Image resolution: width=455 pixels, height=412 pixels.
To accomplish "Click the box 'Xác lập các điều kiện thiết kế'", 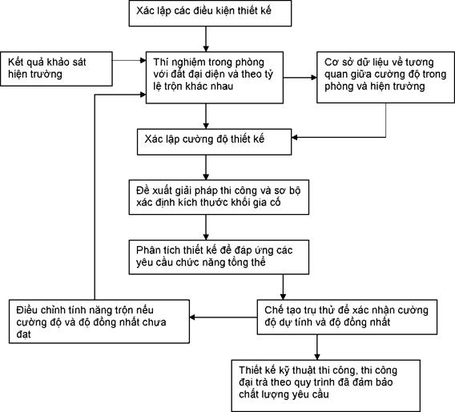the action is pos(210,14).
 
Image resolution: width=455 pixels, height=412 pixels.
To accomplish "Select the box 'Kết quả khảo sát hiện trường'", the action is pos(56,69).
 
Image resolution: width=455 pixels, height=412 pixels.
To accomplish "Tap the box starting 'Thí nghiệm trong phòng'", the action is pos(215,78).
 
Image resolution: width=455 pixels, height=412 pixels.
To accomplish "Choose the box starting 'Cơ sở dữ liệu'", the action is pos(385,77).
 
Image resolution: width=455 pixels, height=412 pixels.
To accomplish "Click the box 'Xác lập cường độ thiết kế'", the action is pos(214,142).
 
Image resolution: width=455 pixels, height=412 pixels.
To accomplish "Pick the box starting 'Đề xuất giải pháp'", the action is pos(219,197).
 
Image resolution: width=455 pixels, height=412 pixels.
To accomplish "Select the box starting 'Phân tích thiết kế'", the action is pos(219,257).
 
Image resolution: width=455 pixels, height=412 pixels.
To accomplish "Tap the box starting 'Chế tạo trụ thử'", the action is pos(347,317).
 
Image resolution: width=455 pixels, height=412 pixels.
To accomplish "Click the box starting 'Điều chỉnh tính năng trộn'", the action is pos(99,321).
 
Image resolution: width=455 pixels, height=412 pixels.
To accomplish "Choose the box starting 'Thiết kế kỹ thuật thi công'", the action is pos(325,386).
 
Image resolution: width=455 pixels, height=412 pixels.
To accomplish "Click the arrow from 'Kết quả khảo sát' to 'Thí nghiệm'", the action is pos(129,60).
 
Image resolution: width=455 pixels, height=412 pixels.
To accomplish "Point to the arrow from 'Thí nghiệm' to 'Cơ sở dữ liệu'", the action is pos(300,78).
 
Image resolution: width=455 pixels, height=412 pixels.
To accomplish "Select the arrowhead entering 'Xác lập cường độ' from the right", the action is pos(294,137).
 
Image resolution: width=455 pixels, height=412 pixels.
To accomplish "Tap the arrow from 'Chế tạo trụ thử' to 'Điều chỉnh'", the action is pos(223,317).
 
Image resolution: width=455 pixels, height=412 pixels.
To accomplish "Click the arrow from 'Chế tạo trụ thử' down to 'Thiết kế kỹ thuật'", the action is pos(317,347).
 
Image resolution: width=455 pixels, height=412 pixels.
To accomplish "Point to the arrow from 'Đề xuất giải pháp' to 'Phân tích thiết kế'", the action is pos(206,228).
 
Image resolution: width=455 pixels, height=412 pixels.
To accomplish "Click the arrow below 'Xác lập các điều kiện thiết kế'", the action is pos(206,39).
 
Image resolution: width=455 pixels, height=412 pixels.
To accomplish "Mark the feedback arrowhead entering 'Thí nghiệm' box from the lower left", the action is pos(143,95).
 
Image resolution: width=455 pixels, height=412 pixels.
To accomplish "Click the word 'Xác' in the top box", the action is pos(144,10).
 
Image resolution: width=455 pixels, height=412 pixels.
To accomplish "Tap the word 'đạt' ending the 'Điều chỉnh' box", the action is pos(23,334).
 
